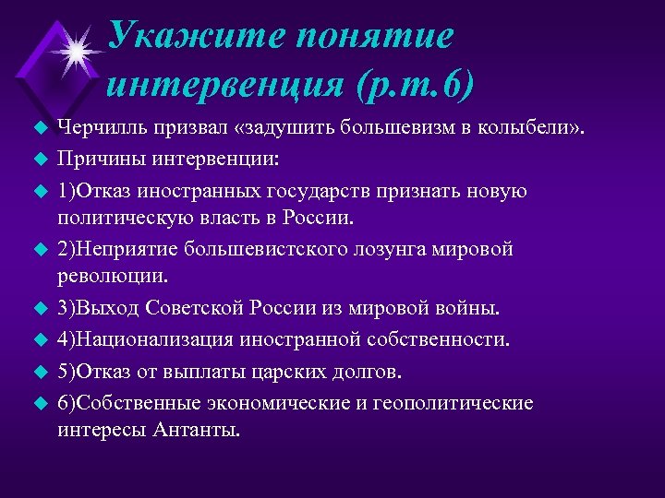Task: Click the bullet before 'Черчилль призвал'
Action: (x=39, y=127)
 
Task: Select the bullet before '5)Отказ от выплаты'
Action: (x=39, y=373)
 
